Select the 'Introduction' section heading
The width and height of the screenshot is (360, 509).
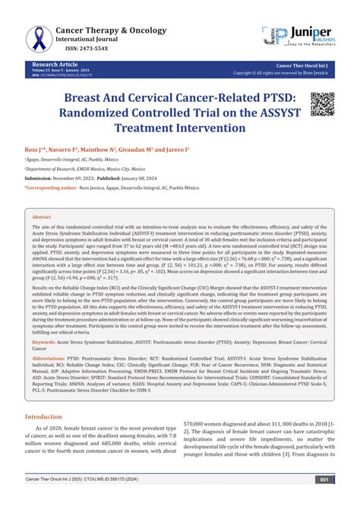coord(49,417)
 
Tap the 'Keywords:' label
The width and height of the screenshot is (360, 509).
coord(47,343)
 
